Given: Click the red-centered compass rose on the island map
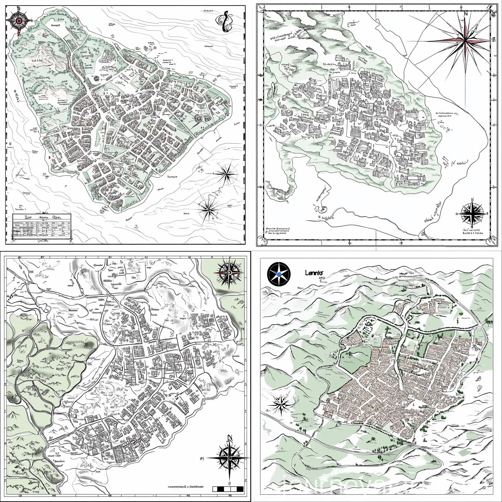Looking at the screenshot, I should (x=19, y=20).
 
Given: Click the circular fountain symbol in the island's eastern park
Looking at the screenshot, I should (x=198, y=118).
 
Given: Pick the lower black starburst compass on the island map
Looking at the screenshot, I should (x=209, y=207).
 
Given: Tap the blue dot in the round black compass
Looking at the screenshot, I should (x=278, y=274).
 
